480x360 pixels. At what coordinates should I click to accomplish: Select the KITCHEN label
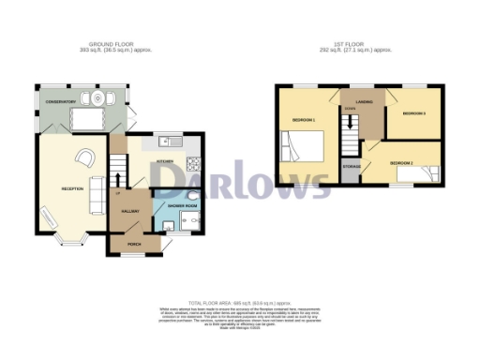click(164, 161)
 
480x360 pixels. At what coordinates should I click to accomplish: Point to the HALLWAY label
click(130, 213)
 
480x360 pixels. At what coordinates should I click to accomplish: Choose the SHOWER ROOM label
click(181, 205)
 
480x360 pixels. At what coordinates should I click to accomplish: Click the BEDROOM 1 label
click(303, 121)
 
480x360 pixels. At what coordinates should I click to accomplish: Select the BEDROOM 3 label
click(413, 114)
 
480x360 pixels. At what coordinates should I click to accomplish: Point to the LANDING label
click(365, 100)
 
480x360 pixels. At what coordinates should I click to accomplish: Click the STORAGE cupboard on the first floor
click(352, 166)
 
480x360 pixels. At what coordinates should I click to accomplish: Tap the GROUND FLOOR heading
click(112, 44)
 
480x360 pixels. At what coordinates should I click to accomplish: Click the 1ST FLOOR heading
click(355, 44)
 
